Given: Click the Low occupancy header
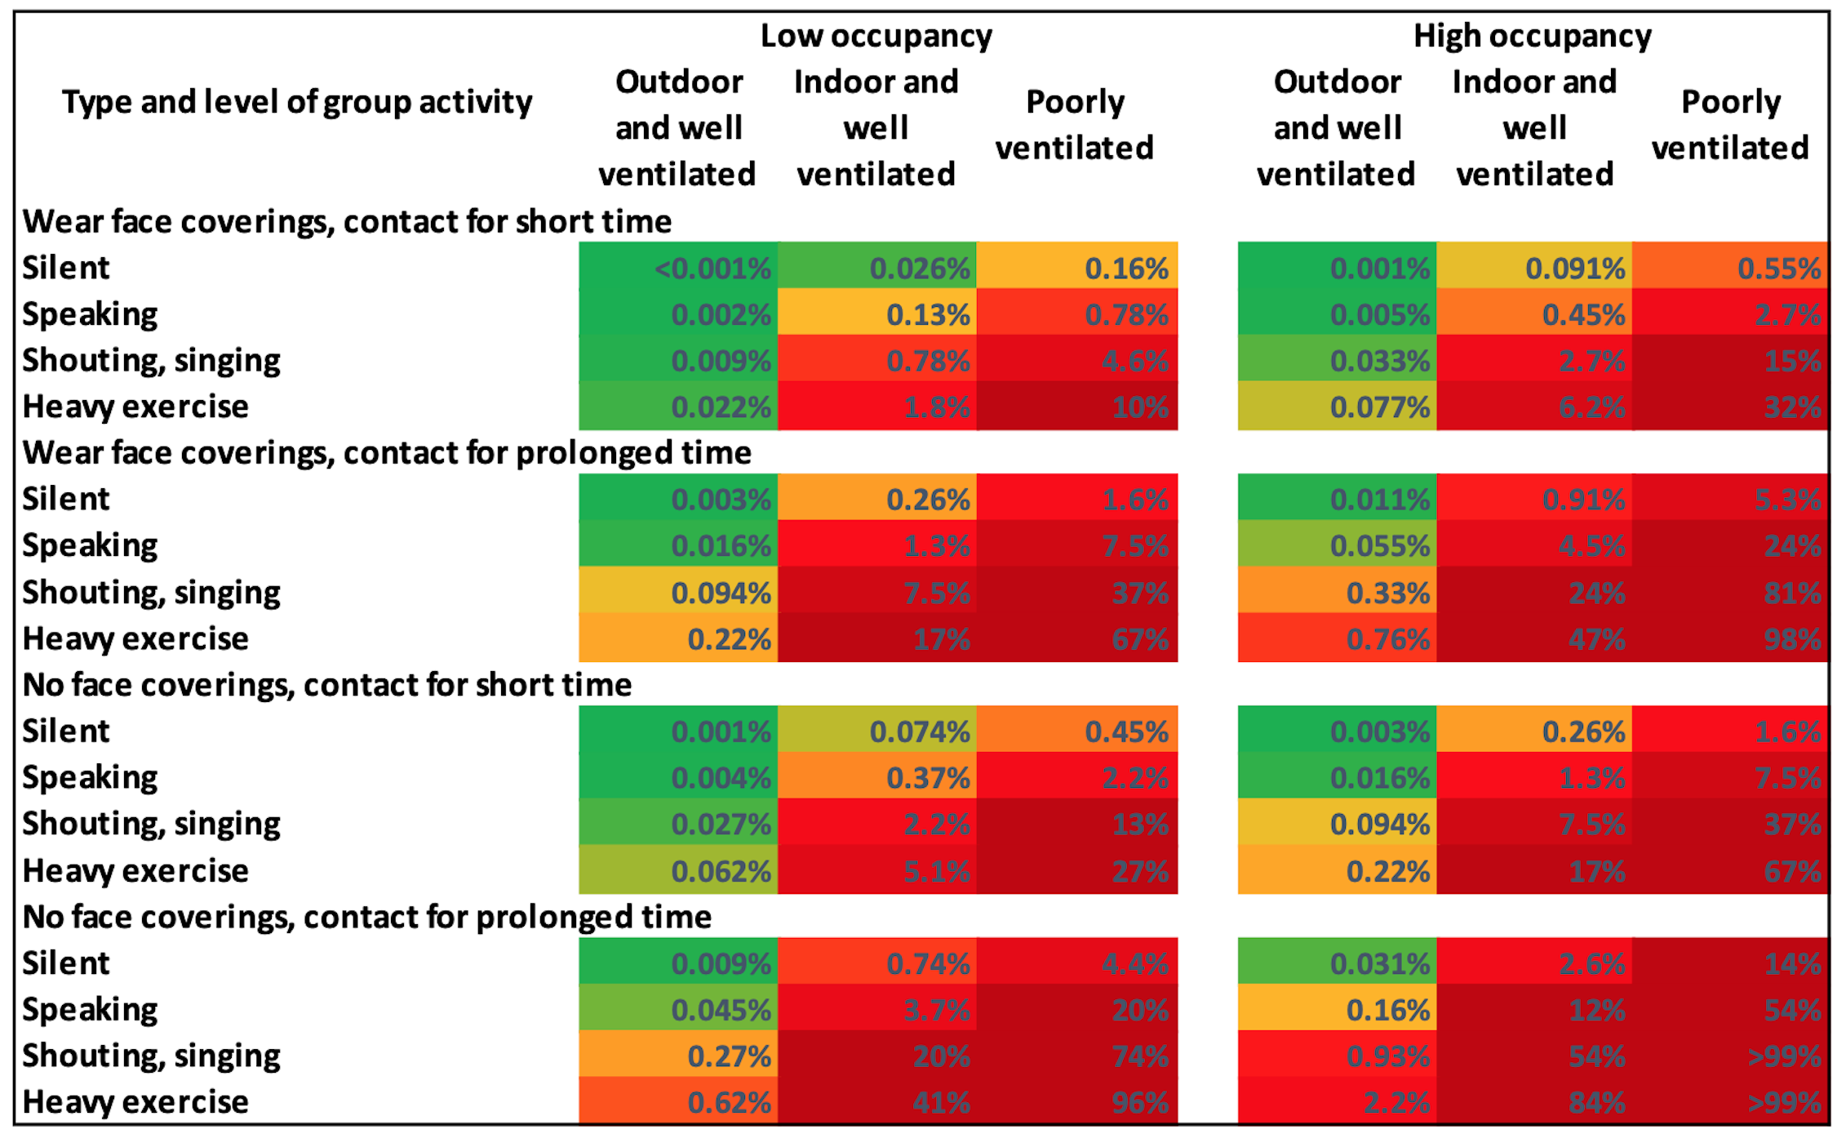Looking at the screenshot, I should (x=876, y=36).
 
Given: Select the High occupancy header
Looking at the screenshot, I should (x=1532, y=36).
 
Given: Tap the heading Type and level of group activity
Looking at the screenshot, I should (x=297, y=103).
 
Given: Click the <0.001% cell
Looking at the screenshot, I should (x=679, y=268).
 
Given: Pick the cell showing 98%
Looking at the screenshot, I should (x=1730, y=638).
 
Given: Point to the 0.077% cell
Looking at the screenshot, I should (x=1337, y=407).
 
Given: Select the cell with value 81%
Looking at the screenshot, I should (x=1730, y=592).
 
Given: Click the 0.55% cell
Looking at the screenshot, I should (x=1730, y=268).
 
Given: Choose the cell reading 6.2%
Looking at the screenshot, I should (x=1534, y=407).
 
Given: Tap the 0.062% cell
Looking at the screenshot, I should (x=679, y=871).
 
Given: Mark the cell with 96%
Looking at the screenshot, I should (x=1077, y=1102).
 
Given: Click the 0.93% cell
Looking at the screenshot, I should (x=1337, y=1056).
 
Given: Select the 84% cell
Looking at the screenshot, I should (x=1534, y=1102).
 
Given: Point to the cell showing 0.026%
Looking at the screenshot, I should (x=877, y=268).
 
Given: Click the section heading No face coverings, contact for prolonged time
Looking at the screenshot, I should (x=367, y=917).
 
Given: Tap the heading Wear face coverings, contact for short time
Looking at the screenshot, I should (x=347, y=221).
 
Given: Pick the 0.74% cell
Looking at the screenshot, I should (x=877, y=963).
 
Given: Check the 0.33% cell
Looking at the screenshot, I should (x=1337, y=592).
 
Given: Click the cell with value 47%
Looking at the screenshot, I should (x=1534, y=638).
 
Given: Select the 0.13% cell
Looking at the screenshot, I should (x=877, y=314).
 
